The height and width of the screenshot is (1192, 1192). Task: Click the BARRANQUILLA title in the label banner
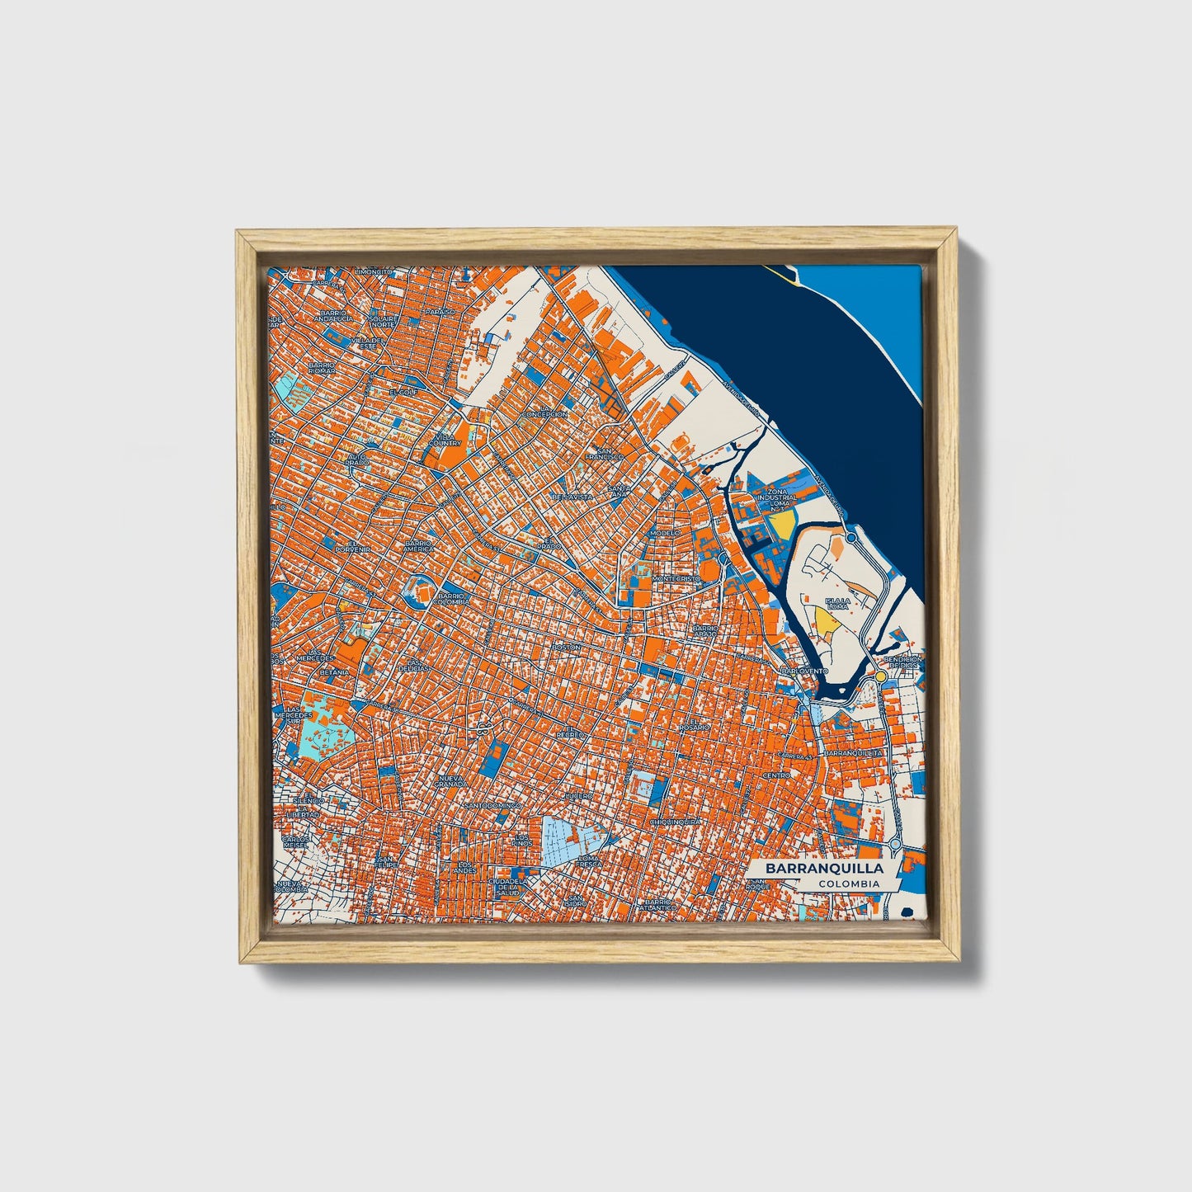tap(823, 869)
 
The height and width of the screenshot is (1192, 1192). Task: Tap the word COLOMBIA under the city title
tap(848, 884)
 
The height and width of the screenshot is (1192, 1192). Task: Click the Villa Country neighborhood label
tap(445, 439)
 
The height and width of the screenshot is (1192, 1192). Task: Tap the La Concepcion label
tap(544, 410)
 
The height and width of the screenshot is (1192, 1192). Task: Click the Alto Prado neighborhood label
tap(356, 459)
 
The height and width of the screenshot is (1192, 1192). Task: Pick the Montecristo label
tap(676, 579)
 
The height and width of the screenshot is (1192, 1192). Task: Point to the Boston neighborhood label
tap(567, 648)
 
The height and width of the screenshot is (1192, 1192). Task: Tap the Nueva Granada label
tap(450, 780)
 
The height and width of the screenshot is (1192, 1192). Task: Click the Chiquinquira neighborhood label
tap(675, 822)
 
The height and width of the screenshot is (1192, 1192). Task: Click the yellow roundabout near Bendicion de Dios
tap(881, 676)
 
